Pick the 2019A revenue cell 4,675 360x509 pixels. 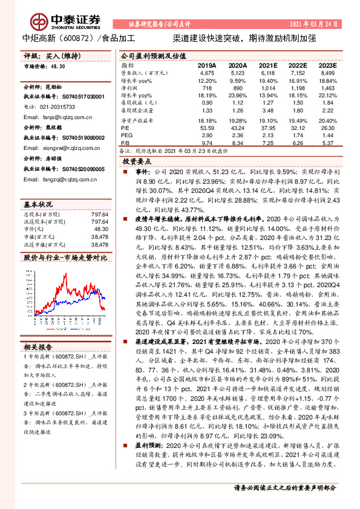[207, 73]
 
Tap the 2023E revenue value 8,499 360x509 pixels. [327, 73]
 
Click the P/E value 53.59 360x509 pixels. [207, 128]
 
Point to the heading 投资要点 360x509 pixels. [136, 162]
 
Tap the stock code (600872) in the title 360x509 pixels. [76, 37]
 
